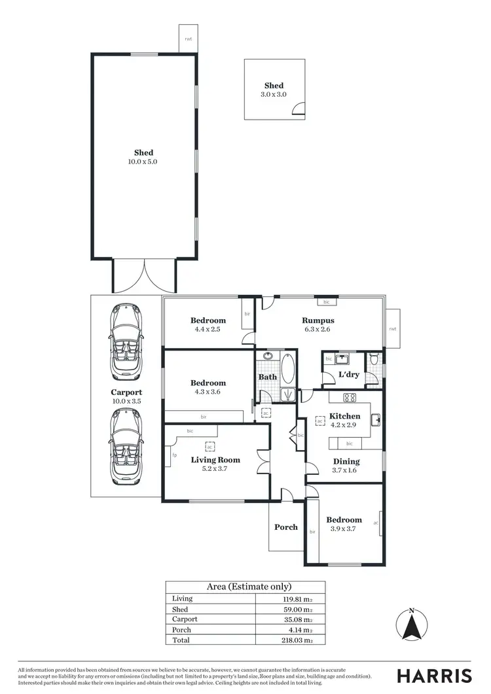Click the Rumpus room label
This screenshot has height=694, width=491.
click(x=318, y=321)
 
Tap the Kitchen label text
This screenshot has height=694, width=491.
click(x=344, y=416)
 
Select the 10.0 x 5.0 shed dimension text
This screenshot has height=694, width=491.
click(x=143, y=161)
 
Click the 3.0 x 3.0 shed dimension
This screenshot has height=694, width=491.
click(x=274, y=94)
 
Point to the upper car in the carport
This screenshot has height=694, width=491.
click(x=125, y=341)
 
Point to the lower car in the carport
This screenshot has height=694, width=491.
click(x=125, y=445)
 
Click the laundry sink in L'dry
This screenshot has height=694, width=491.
click(x=342, y=358)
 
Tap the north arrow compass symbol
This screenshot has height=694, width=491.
click(x=411, y=626)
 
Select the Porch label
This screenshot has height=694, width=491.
click(x=285, y=527)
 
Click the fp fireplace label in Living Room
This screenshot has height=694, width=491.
click(x=174, y=455)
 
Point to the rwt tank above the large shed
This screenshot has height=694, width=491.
click(x=188, y=38)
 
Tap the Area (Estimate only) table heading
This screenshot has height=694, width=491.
click(x=245, y=587)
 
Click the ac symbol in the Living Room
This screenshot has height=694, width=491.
click(x=210, y=447)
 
